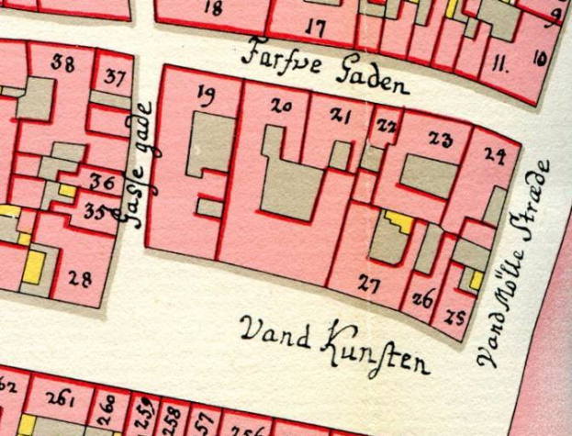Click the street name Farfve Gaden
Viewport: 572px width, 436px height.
coord(323,71)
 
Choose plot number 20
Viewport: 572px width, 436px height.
coord(282,107)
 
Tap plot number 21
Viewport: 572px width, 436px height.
coord(341,116)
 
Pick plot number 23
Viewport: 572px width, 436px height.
coord(441,140)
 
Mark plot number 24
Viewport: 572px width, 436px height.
coord(495,156)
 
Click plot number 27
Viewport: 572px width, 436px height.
coord(369,285)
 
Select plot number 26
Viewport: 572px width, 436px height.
coord(422,298)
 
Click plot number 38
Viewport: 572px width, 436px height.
coord(63,63)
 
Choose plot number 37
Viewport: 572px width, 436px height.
coord(117,75)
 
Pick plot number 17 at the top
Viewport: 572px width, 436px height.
coord(315,28)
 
